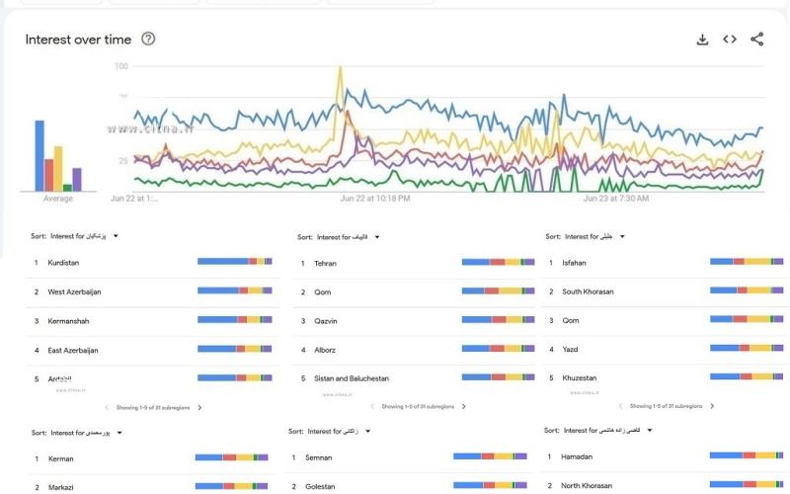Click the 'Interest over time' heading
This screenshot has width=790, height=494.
(78, 40)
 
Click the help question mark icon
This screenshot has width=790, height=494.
(149, 39)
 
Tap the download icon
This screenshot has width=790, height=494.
(702, 40)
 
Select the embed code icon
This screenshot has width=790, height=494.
(730, 40)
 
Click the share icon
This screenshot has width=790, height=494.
(757, 40)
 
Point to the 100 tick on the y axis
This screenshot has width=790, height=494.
(121, 66)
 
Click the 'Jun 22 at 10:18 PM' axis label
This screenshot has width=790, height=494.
(375, 199)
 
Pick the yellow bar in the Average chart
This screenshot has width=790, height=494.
(58, 168)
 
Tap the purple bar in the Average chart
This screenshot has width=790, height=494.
(77, 179)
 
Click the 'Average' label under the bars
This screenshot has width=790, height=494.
(58, 199)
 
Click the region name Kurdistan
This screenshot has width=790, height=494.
(63, 263)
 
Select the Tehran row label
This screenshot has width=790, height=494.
(326, 263)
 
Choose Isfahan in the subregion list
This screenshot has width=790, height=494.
(574, 263)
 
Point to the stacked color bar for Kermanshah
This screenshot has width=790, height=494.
(234, 320)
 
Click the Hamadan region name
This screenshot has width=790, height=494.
(578, 456)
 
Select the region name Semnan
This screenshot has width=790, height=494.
(319, 457)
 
